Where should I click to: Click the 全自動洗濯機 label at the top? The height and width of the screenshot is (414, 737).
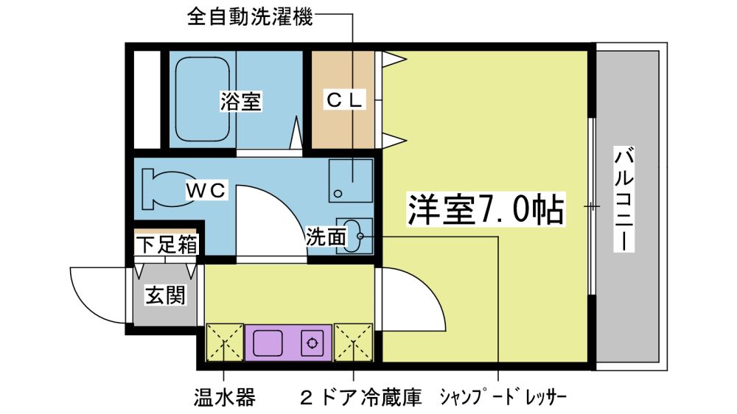[x=250, y=17]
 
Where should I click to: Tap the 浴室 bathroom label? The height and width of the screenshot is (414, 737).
[x=240, y=102]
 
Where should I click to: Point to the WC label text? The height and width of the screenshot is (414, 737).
[x=207, y=190]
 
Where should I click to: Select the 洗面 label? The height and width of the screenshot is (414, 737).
[x=326, y=237]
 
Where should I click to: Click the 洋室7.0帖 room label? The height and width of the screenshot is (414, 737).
[x=485, y=209]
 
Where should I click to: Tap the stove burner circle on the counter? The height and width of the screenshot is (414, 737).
[x=312, y=343]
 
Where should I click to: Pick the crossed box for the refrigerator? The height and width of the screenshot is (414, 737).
[x=354, y=343]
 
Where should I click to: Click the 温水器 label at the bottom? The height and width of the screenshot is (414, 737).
[x=225, y=399]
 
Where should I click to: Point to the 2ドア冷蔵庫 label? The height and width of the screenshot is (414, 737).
[x=360, y=399]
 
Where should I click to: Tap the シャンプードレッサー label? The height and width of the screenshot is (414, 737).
[x=503, y=399]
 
